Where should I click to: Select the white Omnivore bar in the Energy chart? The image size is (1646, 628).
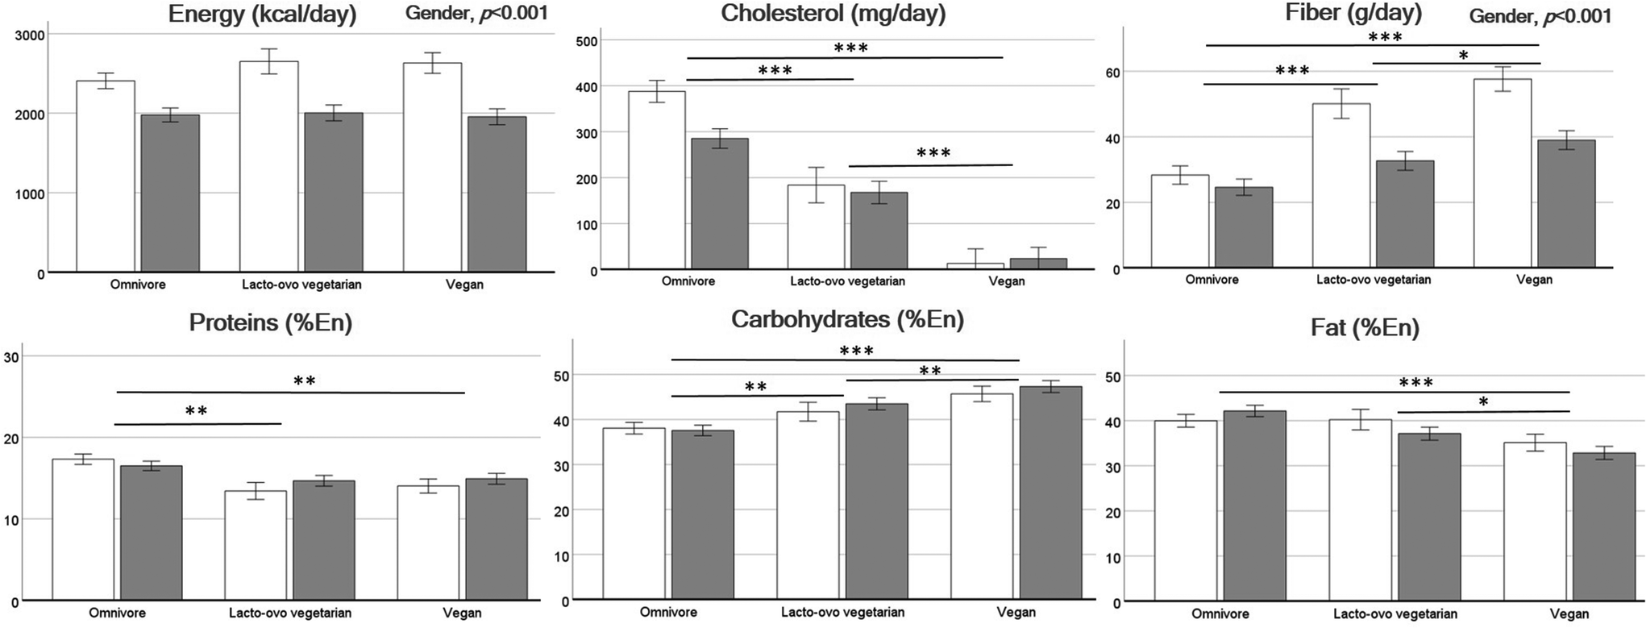click(105, 177)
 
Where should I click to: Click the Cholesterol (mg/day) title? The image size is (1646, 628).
click(833, 14)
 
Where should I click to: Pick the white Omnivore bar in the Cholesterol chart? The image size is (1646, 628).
click(656, 181)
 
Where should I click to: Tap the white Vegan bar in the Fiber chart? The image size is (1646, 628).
click(1502, 173)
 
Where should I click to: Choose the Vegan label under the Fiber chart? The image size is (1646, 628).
click(1533, 280)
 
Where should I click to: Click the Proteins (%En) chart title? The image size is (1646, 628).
click(270, 323)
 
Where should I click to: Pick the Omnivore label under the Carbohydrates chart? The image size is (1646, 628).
click(668, 612)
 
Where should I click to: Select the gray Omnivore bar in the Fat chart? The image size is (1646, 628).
click(1254, 506)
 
